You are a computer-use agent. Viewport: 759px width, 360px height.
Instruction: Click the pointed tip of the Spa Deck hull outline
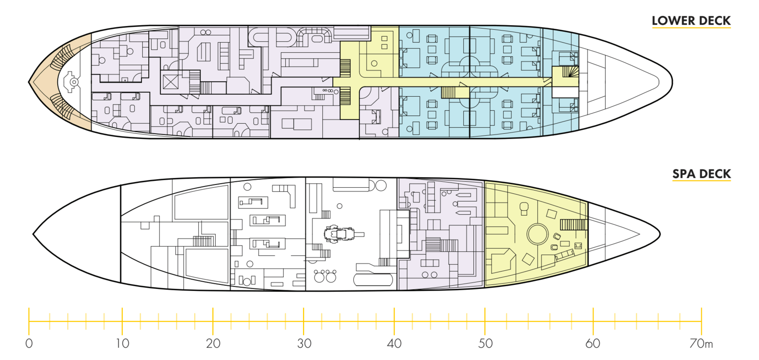pos(660,234)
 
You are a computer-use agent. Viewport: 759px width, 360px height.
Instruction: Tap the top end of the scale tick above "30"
pos(304,308)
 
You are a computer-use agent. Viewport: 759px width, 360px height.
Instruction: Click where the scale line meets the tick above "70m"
pos(701,321)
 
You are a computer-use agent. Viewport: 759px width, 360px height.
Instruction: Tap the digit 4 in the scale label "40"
pos(390,344)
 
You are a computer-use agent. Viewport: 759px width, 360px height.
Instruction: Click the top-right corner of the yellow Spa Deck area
pos(588,202)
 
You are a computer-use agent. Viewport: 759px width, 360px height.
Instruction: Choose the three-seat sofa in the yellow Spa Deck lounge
pos(564,255)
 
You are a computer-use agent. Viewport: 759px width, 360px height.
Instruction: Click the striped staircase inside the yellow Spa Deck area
pos(573,224)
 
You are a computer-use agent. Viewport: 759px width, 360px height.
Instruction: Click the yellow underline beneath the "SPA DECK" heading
pos(701,180)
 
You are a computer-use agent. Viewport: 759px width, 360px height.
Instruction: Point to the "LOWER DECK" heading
pos(691,21)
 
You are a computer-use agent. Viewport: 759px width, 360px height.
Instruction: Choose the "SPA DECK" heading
pos(701,174)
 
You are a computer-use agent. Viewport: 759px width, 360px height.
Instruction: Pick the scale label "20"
pos(213,344)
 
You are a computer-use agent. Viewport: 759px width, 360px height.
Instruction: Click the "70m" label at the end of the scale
pos(701,344)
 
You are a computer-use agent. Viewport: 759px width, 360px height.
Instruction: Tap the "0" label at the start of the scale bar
pos(29,344)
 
